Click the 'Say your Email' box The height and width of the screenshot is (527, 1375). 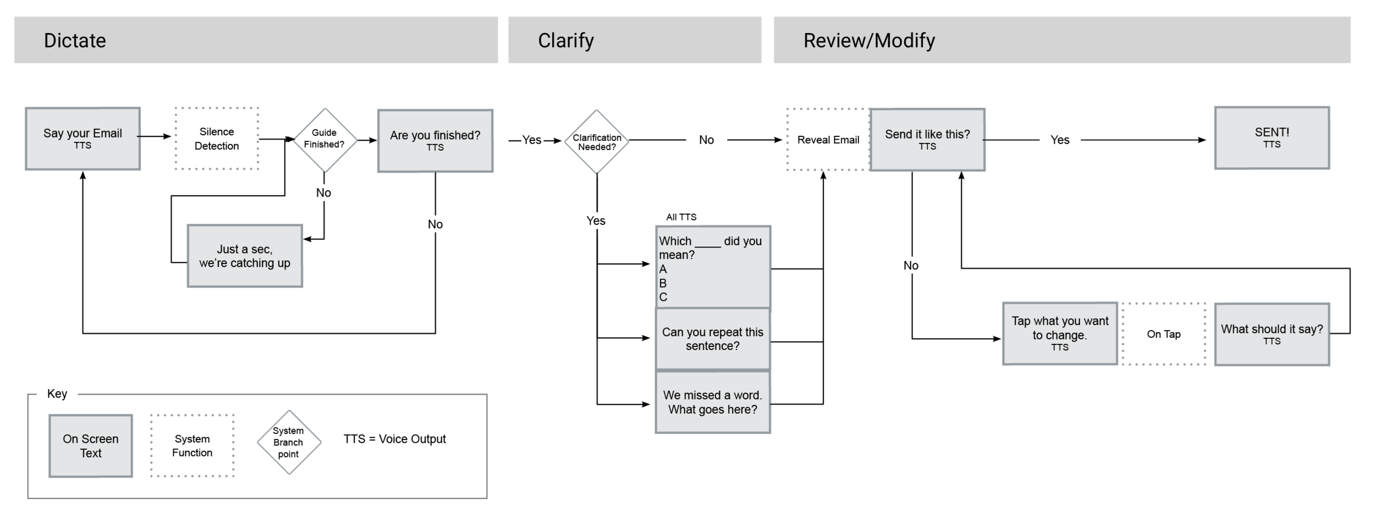point(82,139)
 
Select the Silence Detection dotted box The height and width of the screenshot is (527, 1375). point(217,139)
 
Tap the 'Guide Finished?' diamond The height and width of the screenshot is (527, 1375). point(324,140)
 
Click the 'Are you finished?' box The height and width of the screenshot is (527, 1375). point(435,141)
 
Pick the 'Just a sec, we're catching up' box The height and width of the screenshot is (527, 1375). point(245,256)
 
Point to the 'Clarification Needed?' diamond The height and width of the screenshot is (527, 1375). point(597,142)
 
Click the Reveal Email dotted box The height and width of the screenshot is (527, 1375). point(828,140)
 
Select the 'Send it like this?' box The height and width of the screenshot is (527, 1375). point(927,140)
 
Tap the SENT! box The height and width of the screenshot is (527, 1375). point(1272,138)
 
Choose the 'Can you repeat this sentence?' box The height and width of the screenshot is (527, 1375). point(713,339)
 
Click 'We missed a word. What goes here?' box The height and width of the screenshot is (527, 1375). point(713,402)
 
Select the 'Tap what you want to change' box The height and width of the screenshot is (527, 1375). point(1060,333)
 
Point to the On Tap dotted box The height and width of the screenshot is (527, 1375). point(1164,334)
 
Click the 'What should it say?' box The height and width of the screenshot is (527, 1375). point(1272,334)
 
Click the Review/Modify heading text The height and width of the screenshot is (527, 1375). point(869,40)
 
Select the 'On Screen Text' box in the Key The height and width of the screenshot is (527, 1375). point(91,446)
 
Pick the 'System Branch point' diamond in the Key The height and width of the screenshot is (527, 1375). point(289,442)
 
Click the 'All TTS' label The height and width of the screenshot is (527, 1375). point(681,217)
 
